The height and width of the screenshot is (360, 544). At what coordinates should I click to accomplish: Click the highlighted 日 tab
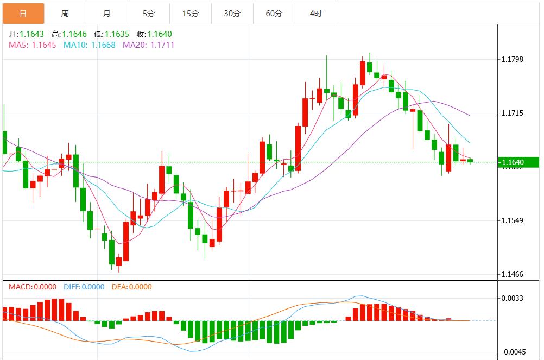click(23, 14)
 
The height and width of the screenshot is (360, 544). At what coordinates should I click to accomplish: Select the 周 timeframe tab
click(65, 14)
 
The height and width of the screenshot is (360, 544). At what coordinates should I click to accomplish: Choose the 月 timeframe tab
click(107, 14)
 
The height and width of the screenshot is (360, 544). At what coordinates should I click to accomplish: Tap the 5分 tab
click(149, 14)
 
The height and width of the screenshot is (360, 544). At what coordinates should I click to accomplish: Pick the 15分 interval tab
click(191, 14)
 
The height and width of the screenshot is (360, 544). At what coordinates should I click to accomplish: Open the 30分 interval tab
click(232, 14)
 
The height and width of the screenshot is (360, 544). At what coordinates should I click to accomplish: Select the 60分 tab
click(274, 14)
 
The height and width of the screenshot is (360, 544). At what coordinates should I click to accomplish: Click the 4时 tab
click(316, 14)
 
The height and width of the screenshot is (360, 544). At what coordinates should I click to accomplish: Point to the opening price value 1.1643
click(32, 34)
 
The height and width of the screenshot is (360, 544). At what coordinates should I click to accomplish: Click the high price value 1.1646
click(74, 34)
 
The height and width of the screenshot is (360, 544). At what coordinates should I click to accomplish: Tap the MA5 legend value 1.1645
click(44, 45)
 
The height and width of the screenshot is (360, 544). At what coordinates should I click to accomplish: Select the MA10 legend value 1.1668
click(103, 45)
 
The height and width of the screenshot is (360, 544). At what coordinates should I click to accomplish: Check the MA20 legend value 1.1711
click(162, 45)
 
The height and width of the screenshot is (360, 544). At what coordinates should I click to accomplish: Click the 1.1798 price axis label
click(512, 59)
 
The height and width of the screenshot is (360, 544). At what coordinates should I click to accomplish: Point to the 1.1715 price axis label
click(512, 113)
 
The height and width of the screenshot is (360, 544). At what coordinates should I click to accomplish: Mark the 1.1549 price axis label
click(512, 220)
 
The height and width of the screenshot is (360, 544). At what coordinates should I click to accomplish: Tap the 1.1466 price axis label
click(512, 274)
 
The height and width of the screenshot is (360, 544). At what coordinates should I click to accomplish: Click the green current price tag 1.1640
click(519, 162)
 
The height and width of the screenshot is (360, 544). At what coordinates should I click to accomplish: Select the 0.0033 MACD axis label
click(512, 298)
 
